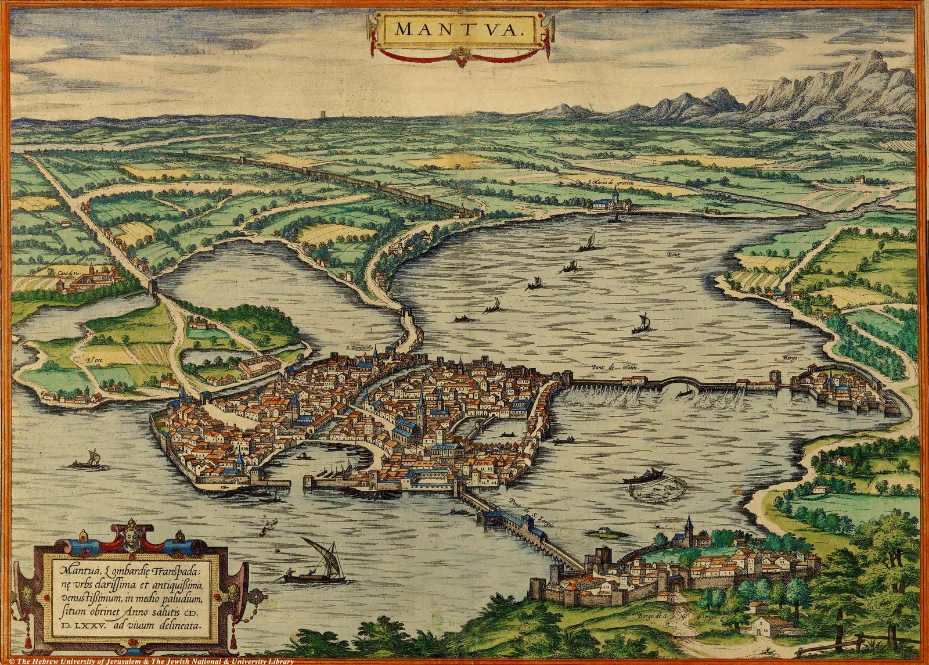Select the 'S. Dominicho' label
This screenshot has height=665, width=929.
click(x=358, y=347)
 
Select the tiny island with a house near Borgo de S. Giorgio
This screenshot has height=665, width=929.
click(x=606, y=530)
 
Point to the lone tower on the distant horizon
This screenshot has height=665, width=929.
click(x=323, y=113)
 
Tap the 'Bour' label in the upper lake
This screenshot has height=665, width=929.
click(x=673, y=254)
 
